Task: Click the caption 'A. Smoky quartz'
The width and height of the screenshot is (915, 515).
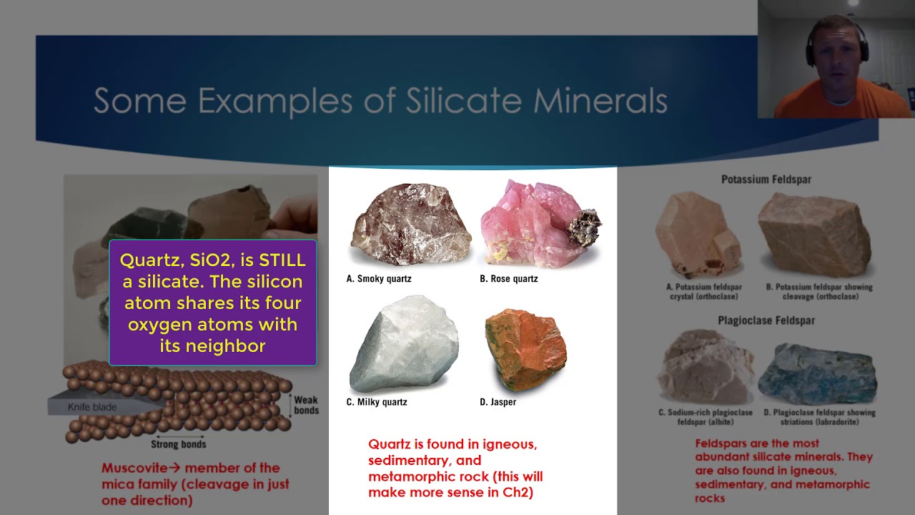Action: pos(379,279)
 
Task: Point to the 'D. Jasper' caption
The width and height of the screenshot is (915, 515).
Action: pos(498,402)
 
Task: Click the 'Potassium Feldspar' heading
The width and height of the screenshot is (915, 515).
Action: pos(766,180)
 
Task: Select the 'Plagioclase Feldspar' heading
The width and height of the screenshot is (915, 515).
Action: pos(766,320)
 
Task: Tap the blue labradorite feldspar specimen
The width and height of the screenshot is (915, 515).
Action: pos(816,373)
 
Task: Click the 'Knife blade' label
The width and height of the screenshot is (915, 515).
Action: pos(91,407)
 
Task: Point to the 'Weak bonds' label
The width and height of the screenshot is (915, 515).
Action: pos(306,405)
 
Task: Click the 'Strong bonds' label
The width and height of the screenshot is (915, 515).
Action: pos(178,444)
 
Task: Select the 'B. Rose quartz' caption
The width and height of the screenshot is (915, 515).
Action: pos(508,279)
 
